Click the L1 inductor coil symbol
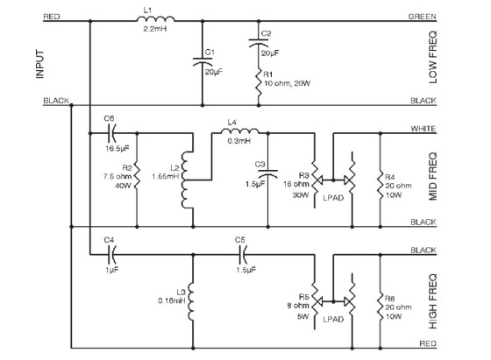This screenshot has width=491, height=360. click(x=156, y=18)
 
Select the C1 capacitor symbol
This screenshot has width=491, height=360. click(x=203, y=61)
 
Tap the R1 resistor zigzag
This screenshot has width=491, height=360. click(x=259, y=84)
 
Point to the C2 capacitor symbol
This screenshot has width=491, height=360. click(x=259, y=43)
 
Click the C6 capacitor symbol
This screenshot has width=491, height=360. click(x=112, y=133)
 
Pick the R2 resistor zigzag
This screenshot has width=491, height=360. click(x=137, y=176)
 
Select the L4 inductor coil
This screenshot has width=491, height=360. click(x=240, y=131)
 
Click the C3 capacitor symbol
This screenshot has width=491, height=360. click(x=267, y=173)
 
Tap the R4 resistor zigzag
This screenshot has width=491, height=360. click(x=381, y=185)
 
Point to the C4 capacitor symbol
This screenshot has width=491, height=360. click(x=112, y=255)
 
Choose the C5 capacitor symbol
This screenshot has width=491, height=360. click(x=243, y=255)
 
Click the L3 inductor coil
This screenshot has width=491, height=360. click(x=191, y=301)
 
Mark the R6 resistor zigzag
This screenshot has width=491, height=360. click(x=381, y=307)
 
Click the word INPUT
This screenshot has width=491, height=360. click(x=40, y=64)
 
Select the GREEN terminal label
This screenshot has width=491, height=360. click(x=422, y=17)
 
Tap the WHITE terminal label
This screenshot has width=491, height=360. click(x=423, y=129)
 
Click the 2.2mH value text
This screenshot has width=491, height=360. click(x=154, y=29)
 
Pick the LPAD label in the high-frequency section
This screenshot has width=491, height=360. click(x=333, y=320)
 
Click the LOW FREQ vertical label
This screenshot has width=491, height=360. click(x=432, y=57)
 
